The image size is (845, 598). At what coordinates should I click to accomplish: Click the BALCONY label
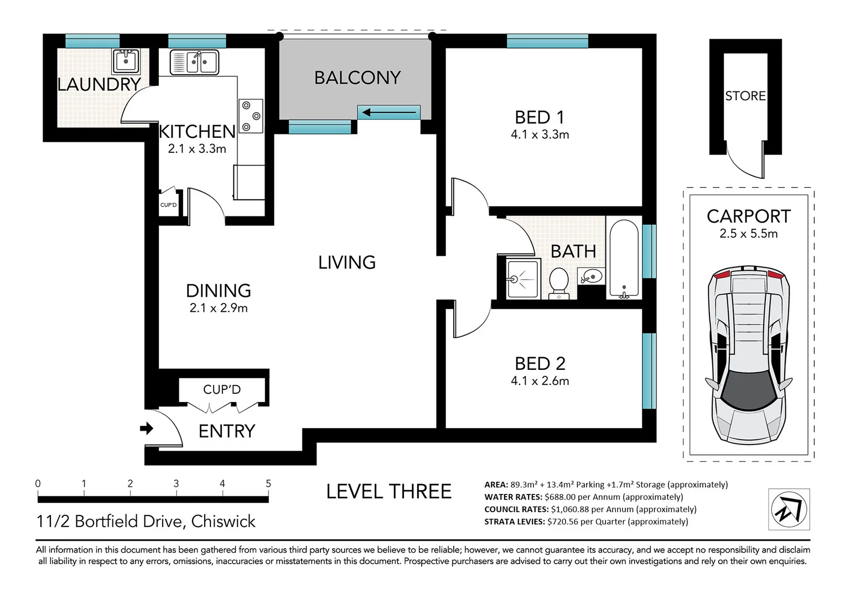click(357, 78)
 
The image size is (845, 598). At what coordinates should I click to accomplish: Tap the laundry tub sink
click(126, 61)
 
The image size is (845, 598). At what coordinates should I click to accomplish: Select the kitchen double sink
click(194, 62)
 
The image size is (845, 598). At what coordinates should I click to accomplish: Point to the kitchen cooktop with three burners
click(251, 116)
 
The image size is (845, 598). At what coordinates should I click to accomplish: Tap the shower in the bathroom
click(523, 279)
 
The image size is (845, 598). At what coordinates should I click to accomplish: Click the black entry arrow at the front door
click(147, 428)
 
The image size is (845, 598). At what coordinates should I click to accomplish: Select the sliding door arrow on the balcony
click(389, 113)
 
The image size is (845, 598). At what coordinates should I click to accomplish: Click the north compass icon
click(789, 509)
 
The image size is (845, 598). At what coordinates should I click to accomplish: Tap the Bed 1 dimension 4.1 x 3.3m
click(540, 135)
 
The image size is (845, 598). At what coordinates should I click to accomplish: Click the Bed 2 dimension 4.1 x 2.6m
click(540, 381)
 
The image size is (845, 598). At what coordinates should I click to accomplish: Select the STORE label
click(745, 96)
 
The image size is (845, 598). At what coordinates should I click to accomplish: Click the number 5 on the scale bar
click(268, 483)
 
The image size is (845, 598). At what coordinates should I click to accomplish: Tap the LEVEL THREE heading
click(388, 492)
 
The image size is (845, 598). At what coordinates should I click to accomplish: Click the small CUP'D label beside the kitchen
click(168, 205)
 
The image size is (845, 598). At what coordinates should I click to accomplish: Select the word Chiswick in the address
click(223, 522)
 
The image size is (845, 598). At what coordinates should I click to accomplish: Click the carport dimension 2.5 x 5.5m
click(748, 234)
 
